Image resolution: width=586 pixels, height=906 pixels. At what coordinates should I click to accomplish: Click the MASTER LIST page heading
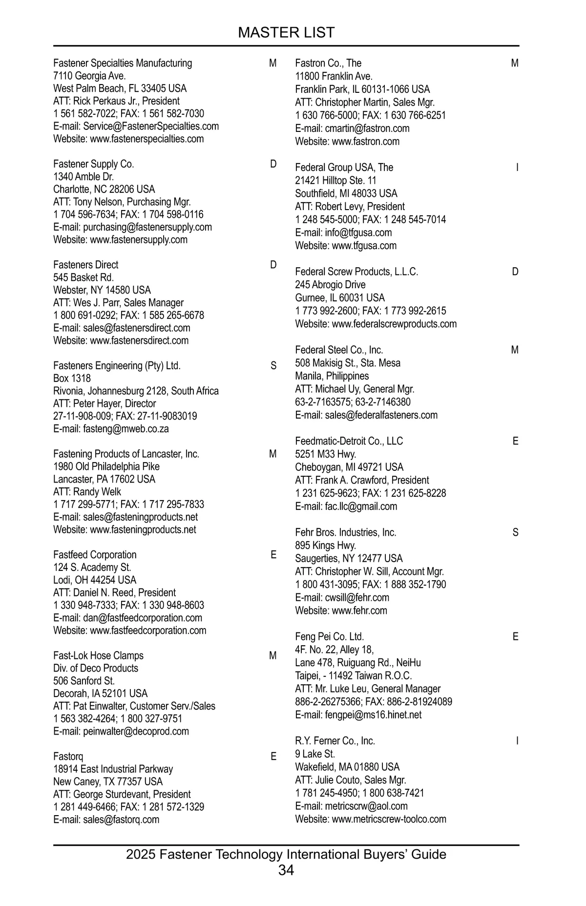[286, 33]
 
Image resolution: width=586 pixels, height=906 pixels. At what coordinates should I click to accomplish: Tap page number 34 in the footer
[286, 870]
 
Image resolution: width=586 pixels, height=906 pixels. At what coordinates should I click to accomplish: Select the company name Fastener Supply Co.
[93, 164]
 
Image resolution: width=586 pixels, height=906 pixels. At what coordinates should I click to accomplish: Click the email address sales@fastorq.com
[121, 820]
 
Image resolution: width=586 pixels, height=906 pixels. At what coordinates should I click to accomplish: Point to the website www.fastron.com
[365, 142]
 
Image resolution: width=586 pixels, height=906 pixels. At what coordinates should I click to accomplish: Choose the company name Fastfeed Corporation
[95, 555]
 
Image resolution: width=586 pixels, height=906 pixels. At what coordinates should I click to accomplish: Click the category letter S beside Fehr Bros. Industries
[515, 532]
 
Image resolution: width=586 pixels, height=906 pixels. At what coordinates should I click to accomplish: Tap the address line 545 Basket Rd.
[84, 277]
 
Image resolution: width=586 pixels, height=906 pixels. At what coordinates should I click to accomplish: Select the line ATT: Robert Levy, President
[350, 207]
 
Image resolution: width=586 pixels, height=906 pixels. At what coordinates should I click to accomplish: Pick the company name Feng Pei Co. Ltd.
[329, 637]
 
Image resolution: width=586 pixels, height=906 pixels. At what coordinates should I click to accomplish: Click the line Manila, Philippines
[332, 376]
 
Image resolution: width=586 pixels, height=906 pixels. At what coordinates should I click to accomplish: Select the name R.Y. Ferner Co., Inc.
[335, 741]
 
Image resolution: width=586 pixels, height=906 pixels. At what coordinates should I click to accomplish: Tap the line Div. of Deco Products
[96, 668]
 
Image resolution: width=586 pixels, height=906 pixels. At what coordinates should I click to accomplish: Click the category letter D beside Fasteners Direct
[273, 265]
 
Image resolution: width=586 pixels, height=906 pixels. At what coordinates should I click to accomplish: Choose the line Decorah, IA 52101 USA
[100, 694]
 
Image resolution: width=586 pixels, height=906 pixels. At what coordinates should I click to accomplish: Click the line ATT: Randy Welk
[87, 492]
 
